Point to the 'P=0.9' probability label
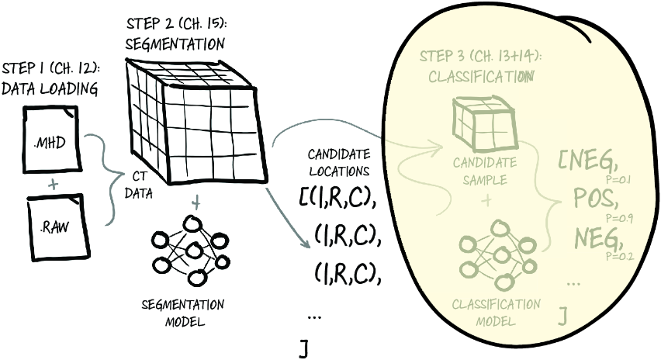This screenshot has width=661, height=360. tap(622, 218)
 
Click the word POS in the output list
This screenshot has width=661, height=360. tap(593, 199)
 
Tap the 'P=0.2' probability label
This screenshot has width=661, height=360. tap(623, 256)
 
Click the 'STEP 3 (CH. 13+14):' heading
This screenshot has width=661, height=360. tap(479, 57)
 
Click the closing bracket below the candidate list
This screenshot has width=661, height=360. tap(304, 348)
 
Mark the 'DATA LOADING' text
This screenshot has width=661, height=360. tap(50, 89)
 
